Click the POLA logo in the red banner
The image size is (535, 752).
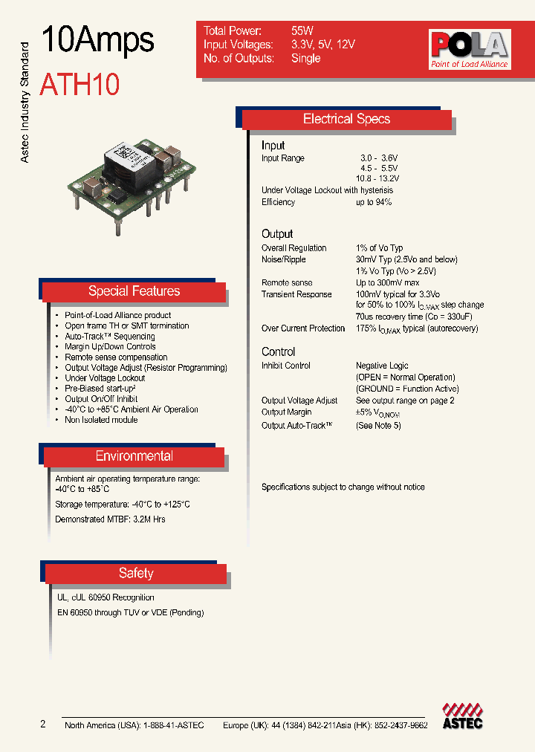(469, 49)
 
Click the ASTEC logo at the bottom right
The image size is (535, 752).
(462, 715)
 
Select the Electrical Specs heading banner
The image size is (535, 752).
(346, 119)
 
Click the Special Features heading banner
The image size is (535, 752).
(134, 291)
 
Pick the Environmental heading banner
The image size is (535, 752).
(134, 456)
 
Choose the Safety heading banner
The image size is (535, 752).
(135, 573)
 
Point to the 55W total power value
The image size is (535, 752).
(302, 31)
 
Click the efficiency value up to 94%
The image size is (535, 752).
(374, 202)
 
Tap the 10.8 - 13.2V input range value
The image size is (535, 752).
(377, 179)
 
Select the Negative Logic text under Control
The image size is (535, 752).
(382, 366)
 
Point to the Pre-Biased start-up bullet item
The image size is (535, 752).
(100, 389)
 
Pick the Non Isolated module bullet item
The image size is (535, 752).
(102, 420)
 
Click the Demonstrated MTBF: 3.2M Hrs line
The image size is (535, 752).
(110, 519)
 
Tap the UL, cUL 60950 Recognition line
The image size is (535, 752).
(106, 597)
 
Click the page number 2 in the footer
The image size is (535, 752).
(43, 725)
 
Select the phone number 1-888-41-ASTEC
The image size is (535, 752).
(172, 725)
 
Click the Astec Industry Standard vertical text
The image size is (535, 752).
(24, 103)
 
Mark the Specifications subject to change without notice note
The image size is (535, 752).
(343, 487)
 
